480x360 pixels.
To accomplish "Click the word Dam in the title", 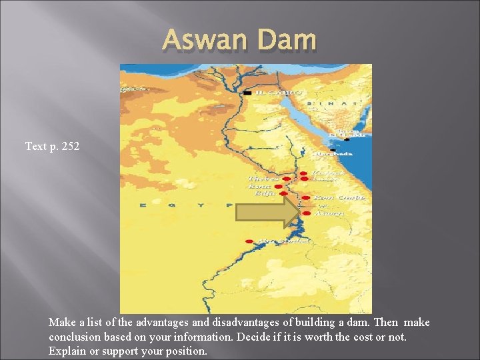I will click(x=288, y=41).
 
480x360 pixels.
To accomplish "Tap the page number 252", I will click(x=70, y=145).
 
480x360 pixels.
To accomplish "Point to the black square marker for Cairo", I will click(x=247, y=93).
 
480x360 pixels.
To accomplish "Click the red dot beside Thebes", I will click(x=285, y=179).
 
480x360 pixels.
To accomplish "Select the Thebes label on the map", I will click(x=263, y=179).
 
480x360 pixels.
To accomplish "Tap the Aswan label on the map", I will click(x=329, y=213).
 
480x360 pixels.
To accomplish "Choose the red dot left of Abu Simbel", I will click(x=249, y=241).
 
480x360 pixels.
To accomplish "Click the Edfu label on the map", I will click(x=258, y=193).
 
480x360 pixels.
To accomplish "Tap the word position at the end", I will click(x=189, y=351).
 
